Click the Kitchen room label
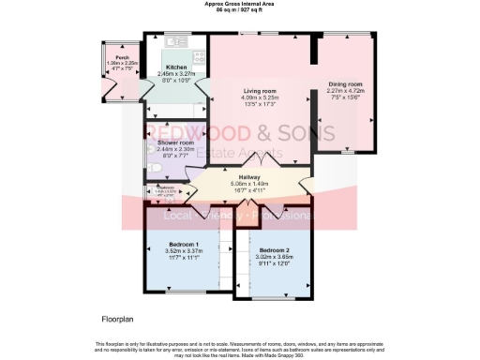click(x=176, y=67)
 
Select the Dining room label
click(x=345, y=83)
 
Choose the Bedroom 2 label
click(x=275, y=250)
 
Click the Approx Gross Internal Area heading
click(x=240, y=4)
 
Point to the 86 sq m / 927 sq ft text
click(x=240, y=10)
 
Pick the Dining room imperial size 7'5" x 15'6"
click(x=345, y=97)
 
